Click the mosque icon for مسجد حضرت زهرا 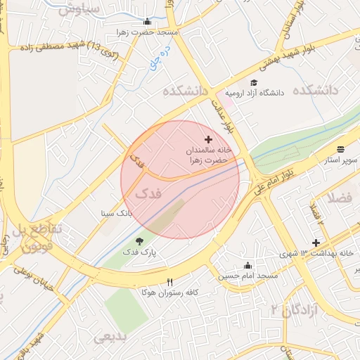(x=147, y=21)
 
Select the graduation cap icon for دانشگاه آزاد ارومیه (x=253, y=82)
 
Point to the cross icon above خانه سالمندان (x=208, y=140)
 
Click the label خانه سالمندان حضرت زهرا (x=208, y=155)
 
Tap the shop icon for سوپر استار (x=341, y=149)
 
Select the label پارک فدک (x=139, y=251)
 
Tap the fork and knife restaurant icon (x=169, y=281)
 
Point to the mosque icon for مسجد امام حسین (x=247, y=265)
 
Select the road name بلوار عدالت (x=226, y=114)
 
